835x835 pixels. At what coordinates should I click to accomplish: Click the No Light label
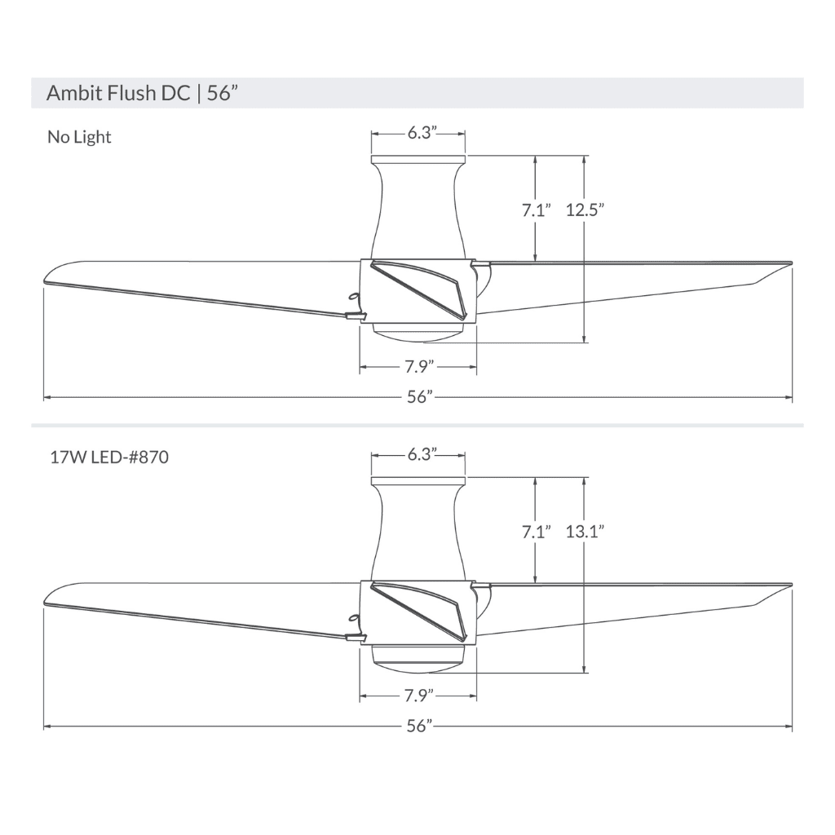pyautogui.click(x=79, y=137)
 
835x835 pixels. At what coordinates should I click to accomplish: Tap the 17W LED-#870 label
pyautogui.click(x=108, y=457)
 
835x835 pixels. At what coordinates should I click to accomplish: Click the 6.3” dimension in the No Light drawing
pyautogui.click(x=418, y=133)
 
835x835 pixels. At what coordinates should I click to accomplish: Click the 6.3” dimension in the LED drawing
pyautogui.click(x=418, y=454)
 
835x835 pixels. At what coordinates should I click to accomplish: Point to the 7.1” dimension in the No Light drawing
pyautogui.click(x=536, y=210)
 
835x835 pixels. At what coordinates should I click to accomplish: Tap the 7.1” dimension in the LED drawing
pyautogui.click(x=536, y=532)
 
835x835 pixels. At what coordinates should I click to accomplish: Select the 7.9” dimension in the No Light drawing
pyautogui.click(x=418, y=368)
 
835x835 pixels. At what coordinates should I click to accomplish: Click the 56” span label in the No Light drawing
pyautogui.click(x=418, y=398)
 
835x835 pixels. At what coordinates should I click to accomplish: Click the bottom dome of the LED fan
pyautogui.click(x=418, y=658)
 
